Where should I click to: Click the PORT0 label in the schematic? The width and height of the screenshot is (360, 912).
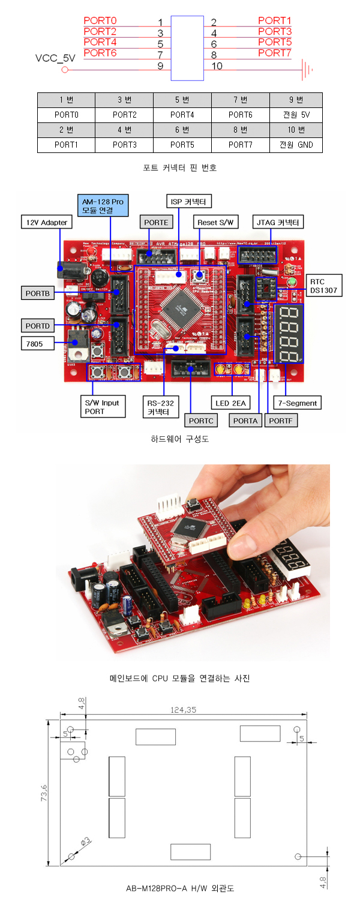[x=100, y=20]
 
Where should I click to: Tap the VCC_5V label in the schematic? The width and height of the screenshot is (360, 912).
[x=56, y=59]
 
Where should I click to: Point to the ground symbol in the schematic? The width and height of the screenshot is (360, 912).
[x=308, y=70]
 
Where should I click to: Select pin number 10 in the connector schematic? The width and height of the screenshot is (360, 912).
[x=217, y=65]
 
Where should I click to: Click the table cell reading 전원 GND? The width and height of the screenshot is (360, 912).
[x=296, y=145]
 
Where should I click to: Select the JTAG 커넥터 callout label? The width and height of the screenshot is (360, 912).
[x=277, y=223]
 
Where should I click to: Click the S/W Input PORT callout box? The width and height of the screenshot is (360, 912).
[x=103, y=407]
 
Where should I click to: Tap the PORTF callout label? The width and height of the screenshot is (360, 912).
[x=281, y=421]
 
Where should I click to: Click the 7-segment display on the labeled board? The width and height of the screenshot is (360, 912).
[x=288, y=334]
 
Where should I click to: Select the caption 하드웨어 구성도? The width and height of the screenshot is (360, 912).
[x=179, y=439]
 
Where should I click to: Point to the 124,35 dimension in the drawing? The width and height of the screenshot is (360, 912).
[x=184, y=710]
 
